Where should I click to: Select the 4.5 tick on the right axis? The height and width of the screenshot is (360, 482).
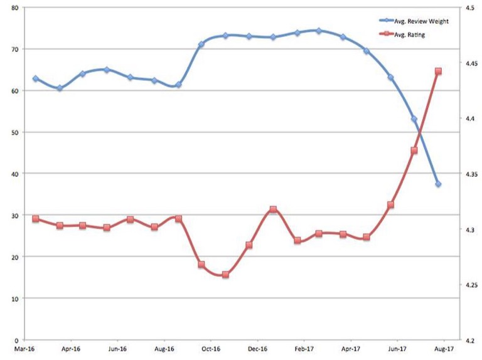[469, 8]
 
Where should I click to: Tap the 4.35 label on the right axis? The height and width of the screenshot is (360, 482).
[471, 174]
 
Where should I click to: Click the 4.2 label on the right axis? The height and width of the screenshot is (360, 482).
[469, 340]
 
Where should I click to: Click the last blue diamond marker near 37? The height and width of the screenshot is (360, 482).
[438, 184]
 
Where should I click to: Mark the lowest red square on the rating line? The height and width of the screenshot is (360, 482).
[225, 275]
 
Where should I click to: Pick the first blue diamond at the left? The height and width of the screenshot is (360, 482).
[36, 79]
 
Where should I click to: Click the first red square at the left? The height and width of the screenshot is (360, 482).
[36, 219]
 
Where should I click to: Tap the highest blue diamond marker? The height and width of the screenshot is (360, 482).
[319, 31]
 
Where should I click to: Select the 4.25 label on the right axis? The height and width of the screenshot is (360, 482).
[471, 285]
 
